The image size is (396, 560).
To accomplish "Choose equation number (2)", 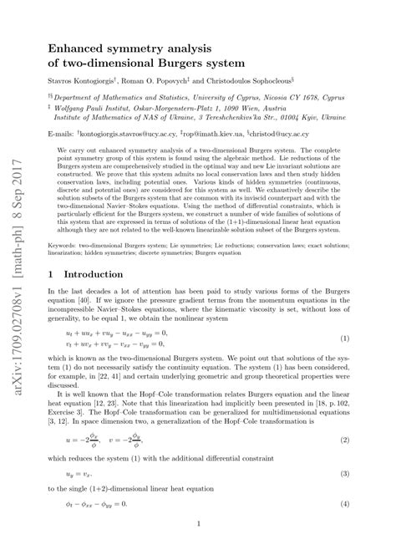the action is click(344, 440).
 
